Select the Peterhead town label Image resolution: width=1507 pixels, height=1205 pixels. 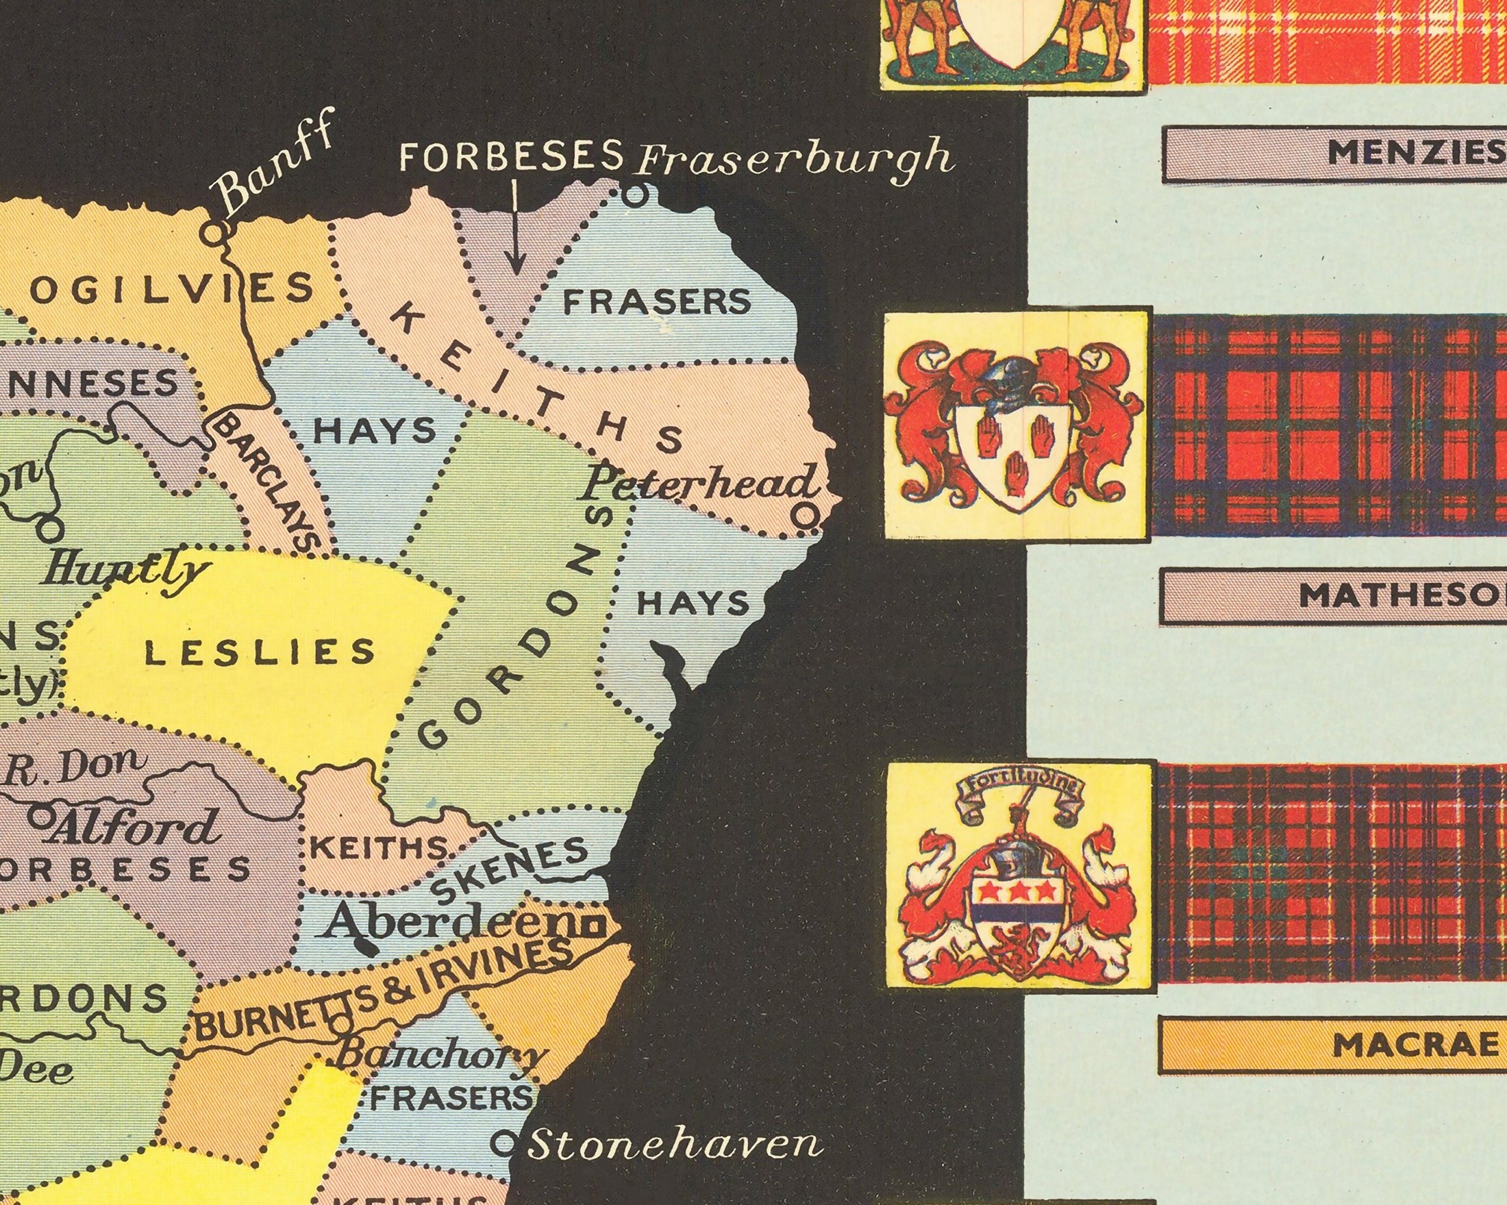pyautogui.click(x=697, y=484)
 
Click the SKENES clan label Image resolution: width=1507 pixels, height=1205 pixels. pyautogui.click(x=510, y=869)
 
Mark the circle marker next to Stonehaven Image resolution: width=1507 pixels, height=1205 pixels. pyautogui.click(x=502, y=1144)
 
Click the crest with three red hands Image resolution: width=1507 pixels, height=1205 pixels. pyautogui.click(x=1015, y=425)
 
